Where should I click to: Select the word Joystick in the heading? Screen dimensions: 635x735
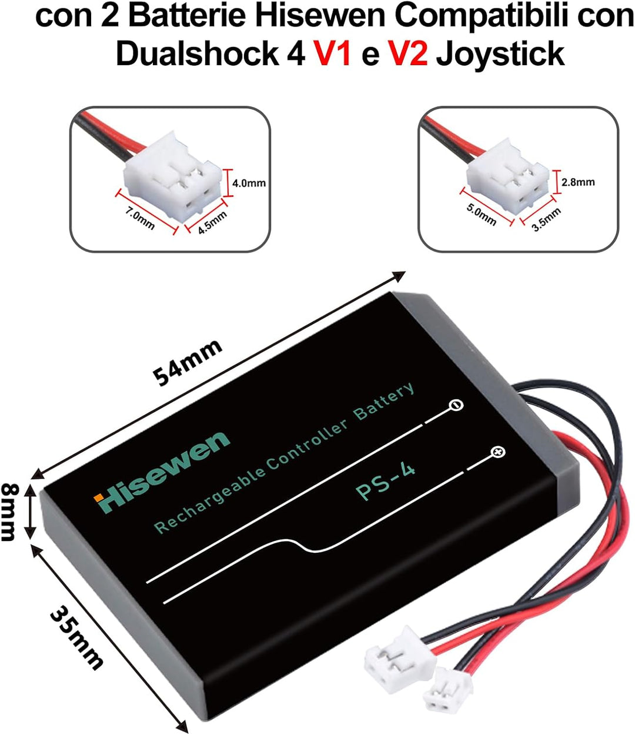[x=501, y=54]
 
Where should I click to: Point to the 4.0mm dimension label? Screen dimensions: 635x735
[x=249, y=183]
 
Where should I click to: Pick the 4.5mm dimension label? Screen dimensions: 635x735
[x=213, y=223]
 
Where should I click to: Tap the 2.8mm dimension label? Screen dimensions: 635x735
[x=578, y=182]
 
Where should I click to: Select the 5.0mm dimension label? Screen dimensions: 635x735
[x=481, y=215]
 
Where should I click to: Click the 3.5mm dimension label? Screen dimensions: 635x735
[x=546, y=220]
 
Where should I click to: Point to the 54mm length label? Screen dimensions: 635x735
[x=188, y=362]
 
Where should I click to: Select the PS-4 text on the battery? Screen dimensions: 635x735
[x=385, y=482]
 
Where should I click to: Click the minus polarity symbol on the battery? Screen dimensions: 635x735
[x=456, y=405]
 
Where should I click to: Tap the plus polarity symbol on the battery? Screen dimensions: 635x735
[x=498, y=453]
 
